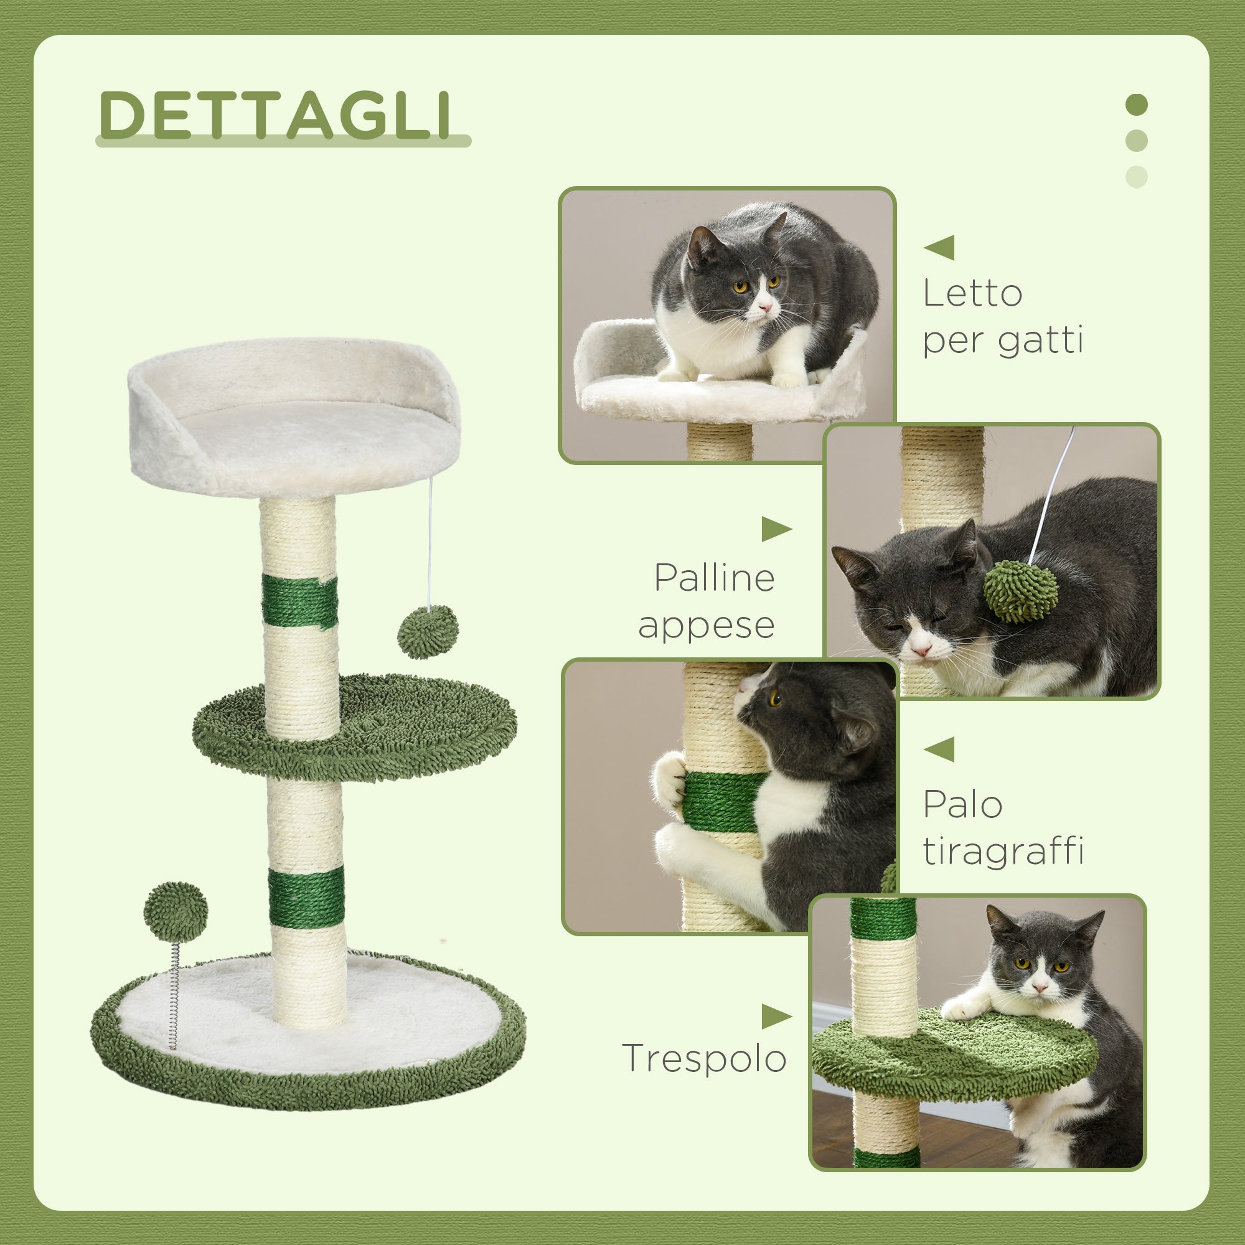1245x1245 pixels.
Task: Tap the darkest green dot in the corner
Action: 1136,105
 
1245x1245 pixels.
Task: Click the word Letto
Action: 972,294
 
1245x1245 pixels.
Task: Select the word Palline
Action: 714,578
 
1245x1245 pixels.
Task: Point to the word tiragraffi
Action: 1003,852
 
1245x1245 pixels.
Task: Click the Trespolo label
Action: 703,1059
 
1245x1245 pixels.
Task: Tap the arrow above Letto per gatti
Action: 939,248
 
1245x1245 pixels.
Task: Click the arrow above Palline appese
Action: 776,529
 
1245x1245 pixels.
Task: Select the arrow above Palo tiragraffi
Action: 939,749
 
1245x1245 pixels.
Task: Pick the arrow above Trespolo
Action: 776,1017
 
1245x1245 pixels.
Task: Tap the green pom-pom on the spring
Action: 176,913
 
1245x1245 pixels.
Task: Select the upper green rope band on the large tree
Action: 299,601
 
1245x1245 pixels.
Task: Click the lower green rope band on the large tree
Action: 306,898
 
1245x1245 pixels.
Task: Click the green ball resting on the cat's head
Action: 1020,591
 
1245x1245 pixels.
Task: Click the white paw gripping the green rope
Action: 670,780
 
